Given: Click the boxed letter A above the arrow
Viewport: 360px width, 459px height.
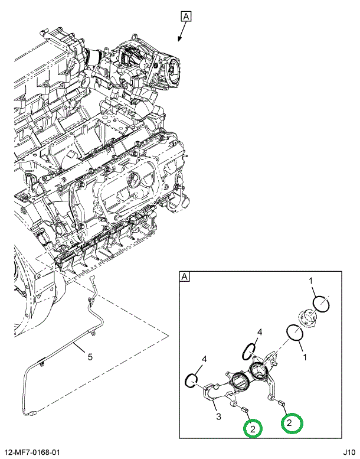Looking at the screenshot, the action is tap(186, 17).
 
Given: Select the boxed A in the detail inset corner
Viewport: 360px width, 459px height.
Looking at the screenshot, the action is tap(185, 276).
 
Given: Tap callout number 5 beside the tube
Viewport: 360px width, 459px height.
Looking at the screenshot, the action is tap(90, 357).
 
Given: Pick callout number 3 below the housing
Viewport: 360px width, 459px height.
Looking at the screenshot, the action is tap(218, 416).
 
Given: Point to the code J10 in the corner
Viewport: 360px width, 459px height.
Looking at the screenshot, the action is tap(349, 453).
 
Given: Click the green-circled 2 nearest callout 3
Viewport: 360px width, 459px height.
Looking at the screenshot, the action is tap(253, 428).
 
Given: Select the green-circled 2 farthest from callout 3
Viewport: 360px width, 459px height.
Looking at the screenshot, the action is tap(292, 423).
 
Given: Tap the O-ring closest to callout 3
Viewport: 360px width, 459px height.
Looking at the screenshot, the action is tap(192, 380).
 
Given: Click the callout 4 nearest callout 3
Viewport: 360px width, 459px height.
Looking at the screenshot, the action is tap(204, 359).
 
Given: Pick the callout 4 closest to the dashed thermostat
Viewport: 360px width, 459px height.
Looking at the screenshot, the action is tap(260, 332).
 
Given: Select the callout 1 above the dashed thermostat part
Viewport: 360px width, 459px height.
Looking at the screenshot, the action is tap(310, 281).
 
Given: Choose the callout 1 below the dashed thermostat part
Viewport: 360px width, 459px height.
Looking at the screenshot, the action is tap(305, 357).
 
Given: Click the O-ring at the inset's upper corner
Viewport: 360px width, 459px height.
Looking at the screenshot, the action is tap(321, 304).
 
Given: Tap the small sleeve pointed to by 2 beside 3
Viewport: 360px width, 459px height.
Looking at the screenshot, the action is tap(245, 409).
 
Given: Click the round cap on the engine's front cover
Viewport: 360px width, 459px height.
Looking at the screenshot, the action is tap(135, 179).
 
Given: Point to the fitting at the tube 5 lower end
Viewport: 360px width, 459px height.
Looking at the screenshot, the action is tap(31, 414).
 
